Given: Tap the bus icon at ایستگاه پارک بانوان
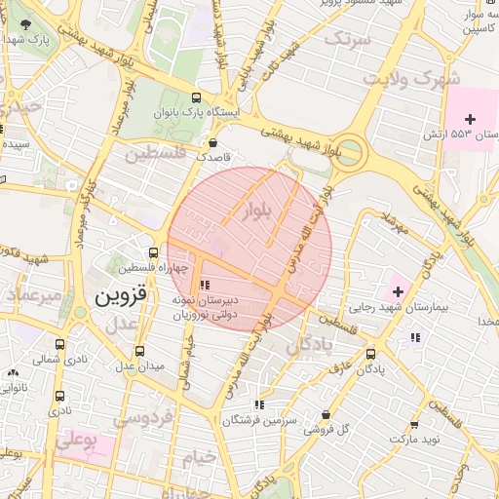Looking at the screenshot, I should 197,98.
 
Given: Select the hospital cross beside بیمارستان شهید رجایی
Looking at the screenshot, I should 397,289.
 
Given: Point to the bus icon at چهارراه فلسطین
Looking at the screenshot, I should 153,252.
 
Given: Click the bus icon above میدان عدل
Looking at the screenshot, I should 139,351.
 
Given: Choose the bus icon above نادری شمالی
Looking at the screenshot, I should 60,344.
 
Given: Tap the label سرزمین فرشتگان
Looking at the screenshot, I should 258,421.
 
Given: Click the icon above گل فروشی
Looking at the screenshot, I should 325,414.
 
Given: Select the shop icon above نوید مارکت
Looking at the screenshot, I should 414,425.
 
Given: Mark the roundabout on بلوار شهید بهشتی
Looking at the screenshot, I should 349,152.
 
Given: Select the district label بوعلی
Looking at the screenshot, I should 77,441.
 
